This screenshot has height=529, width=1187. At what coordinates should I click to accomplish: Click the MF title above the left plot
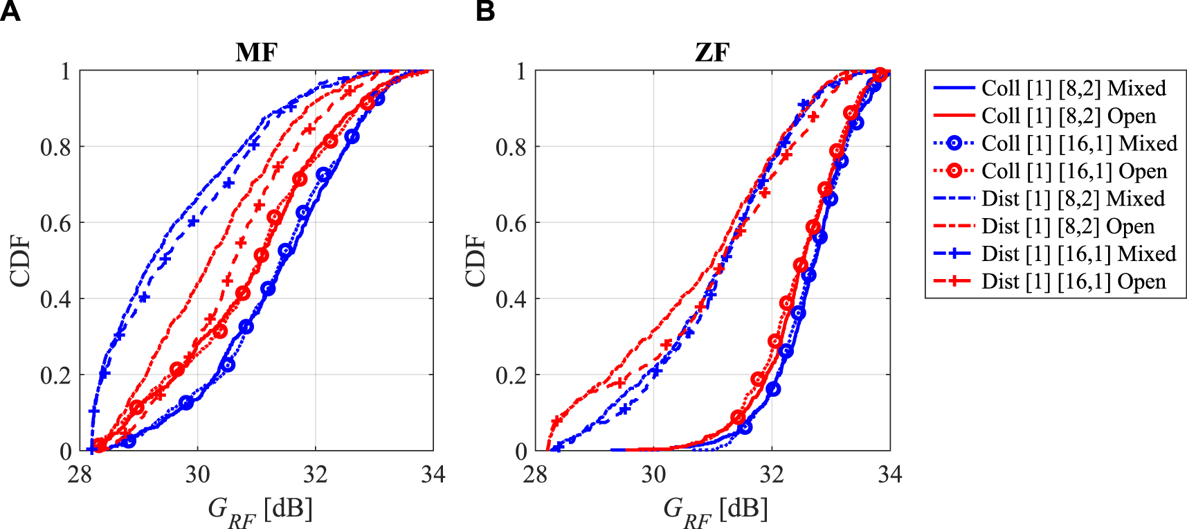tap(256, 53)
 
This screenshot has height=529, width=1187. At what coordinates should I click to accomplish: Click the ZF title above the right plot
tap(712, 53)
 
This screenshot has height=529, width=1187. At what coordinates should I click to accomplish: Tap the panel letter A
tap(10, 12)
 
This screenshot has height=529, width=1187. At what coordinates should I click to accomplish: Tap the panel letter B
tap(485, 12)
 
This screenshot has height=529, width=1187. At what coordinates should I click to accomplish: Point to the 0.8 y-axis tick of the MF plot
tap(55, 147)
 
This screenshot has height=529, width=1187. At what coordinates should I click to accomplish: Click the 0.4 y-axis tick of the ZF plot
tap(511, 299)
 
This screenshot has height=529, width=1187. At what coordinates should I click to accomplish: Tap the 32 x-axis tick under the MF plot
tap(315, 475)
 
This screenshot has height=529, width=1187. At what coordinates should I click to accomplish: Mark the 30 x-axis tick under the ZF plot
tap(653, 475)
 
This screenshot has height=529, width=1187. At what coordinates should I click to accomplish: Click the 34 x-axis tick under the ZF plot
tap(889, 475)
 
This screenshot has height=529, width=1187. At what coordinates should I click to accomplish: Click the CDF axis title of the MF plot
tap(21, 260)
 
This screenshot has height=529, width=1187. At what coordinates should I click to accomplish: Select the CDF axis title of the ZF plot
tap(476, 260)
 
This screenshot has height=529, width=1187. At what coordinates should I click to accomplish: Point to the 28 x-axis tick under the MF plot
tap(80, 475)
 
